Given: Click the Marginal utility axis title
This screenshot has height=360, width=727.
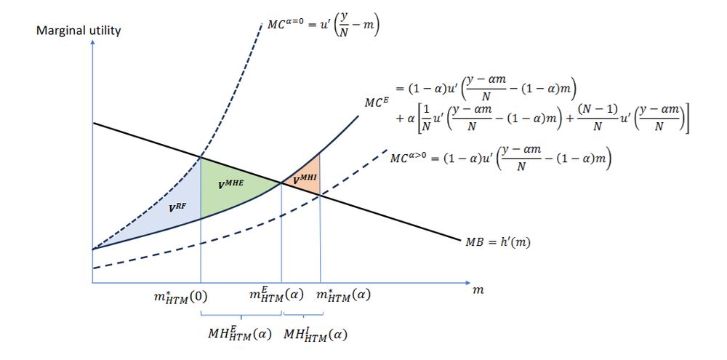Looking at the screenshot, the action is (x=79, y=31).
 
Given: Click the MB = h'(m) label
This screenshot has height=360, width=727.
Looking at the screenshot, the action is (x=497, y=241).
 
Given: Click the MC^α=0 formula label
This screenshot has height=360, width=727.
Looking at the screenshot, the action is (x=324, y=27).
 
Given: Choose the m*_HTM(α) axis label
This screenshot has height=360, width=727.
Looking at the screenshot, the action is (x=343, y=295).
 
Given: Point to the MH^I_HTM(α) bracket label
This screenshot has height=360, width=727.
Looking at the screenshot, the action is (x=316, y=335).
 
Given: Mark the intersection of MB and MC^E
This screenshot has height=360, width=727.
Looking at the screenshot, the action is (x=281, y=183).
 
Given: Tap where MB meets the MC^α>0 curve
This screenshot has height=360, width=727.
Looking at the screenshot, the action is (x=321, y=196).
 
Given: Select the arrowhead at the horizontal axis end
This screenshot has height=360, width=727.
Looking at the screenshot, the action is (x=467, y=282).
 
